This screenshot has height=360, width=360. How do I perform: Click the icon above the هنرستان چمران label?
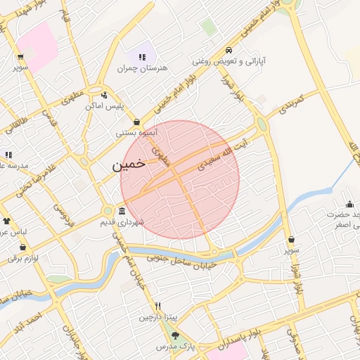[143, 57]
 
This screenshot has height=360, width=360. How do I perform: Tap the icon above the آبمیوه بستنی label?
[137, 122]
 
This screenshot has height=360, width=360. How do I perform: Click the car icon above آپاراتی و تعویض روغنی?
[229, 51]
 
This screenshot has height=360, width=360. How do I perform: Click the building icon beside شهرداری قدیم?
[122, 212]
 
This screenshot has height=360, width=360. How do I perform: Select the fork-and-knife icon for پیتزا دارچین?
[158, 306]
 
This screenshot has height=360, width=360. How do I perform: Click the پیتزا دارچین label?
[154, 317]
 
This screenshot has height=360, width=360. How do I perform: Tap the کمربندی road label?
[290, 105]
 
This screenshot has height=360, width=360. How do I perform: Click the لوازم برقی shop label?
[20, 258]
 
